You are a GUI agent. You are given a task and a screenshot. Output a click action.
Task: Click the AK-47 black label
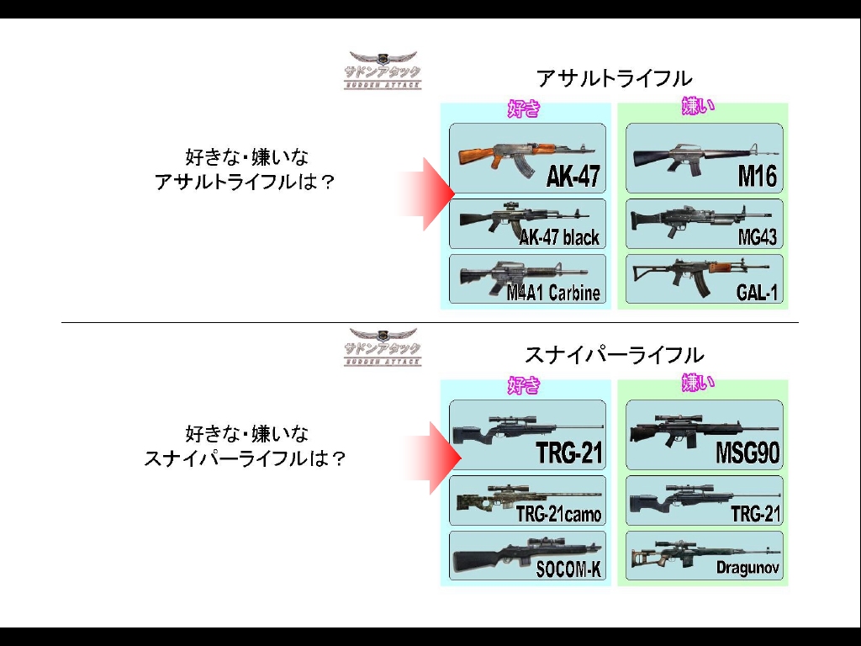click(x=559, y=237)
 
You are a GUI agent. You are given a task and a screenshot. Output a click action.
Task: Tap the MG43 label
click(x=758, y=237)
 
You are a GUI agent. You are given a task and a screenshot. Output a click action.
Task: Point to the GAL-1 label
click(x=758, y=292)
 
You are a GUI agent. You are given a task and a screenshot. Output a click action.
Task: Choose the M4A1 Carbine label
click(x=553, y=292)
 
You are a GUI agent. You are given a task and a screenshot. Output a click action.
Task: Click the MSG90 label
click(x=747, y=453)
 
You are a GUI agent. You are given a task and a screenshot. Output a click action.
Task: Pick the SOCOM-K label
click(x=568, y=569)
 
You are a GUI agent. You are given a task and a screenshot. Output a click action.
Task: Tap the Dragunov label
click(x=747, y=568)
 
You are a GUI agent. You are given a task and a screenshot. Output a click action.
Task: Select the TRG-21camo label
click(x=558, y=515)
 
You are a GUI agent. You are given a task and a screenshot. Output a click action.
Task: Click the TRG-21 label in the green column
click(x=755, y=514)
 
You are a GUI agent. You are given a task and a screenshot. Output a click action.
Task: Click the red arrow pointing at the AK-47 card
click(x=426, y=194)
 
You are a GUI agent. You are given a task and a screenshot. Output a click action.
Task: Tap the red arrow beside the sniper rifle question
click(x=430, y=458)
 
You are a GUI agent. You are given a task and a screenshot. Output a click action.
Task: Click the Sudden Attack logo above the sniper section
click(x=383, y=347)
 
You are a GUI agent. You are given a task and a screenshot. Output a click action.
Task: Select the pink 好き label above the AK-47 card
click(x=523, y=109)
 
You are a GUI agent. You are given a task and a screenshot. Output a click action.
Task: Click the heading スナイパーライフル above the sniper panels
click(x=614, y=355)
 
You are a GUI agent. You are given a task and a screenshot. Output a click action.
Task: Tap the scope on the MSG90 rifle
click(x=675, y=418)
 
